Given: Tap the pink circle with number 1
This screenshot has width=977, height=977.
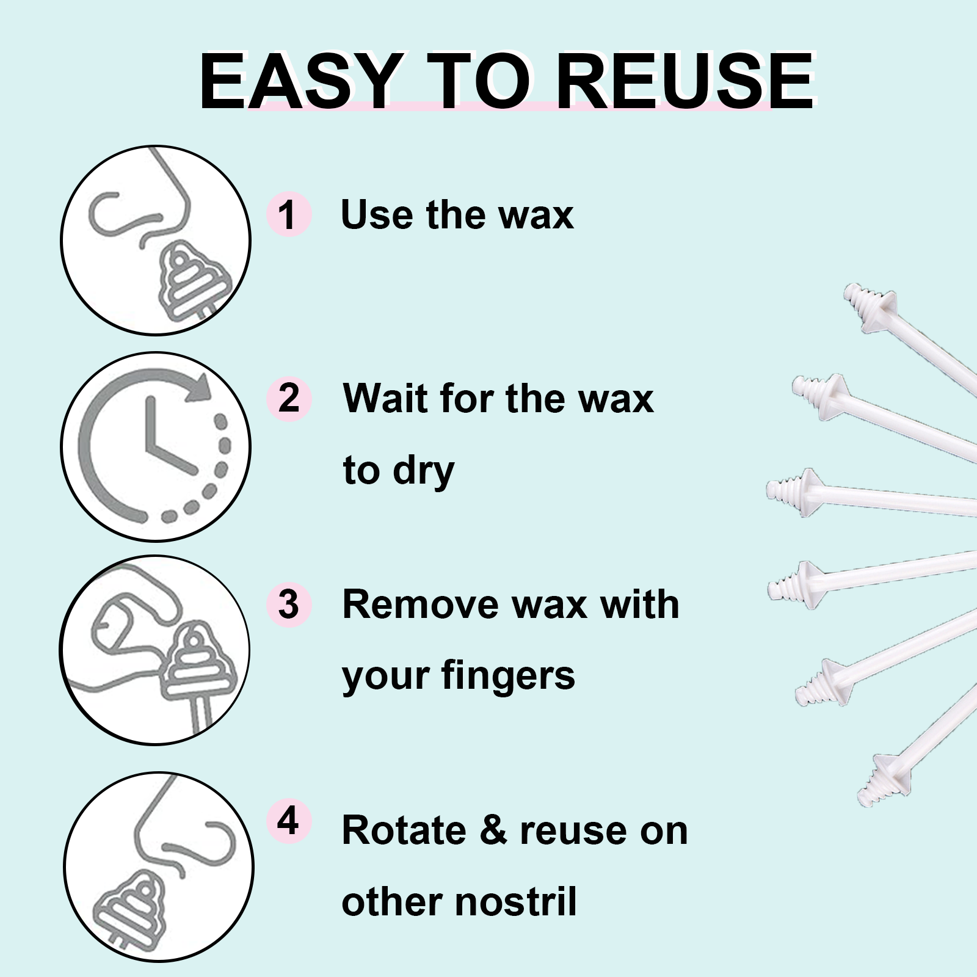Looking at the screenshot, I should point(289,214).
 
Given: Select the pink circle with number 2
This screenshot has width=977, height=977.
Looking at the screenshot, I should point(289,399).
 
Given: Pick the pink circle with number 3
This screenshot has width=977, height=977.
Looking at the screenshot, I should point(289,604).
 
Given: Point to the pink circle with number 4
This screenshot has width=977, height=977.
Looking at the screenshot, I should point(289,821).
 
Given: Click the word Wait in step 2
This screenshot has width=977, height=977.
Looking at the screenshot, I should point(385,399).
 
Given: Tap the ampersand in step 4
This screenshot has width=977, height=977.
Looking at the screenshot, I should point(493,831).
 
